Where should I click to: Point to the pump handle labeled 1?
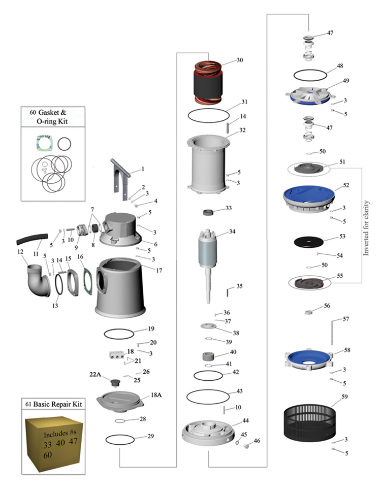point(122,178)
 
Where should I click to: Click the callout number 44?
point(245,421)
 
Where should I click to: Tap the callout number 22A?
point(96,374)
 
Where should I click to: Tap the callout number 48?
point(340,67)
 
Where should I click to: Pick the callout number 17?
point(159,271)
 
